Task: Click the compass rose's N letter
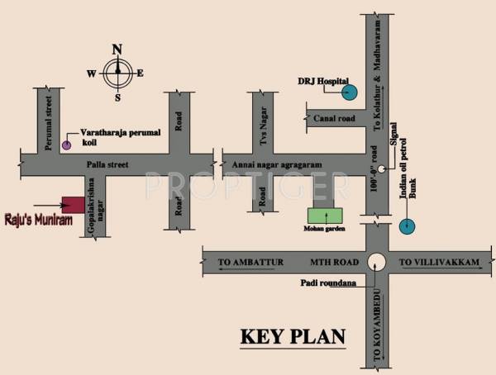[117, 47]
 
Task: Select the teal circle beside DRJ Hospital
[350, 93]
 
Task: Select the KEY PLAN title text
[292, 337]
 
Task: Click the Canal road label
[334, 119]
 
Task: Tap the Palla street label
[108, 165]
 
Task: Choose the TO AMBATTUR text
[251, 263]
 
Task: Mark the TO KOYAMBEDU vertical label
[377, 334]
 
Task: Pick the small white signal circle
[383, 170]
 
